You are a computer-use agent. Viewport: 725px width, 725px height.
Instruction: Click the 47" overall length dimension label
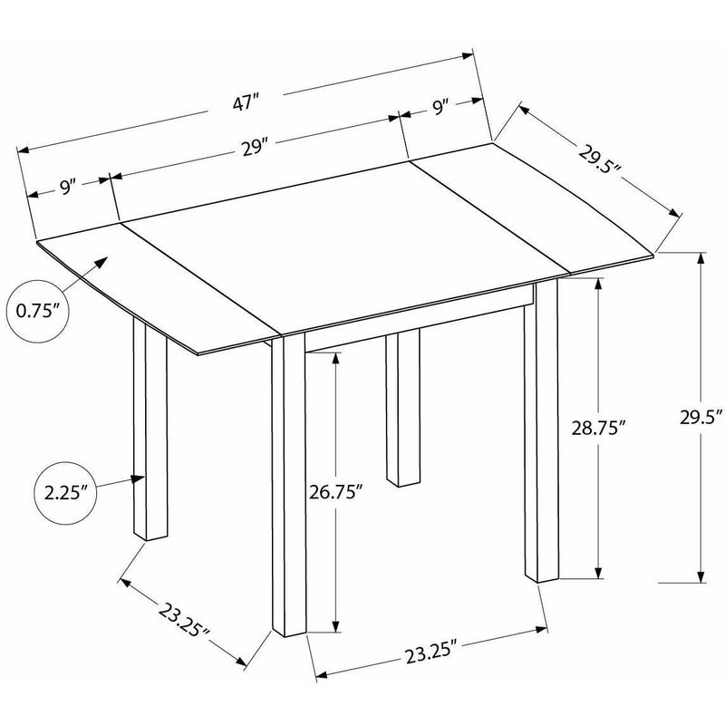(x=245, y=102)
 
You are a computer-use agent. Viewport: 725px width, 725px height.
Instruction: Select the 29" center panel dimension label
(x=255, y=148)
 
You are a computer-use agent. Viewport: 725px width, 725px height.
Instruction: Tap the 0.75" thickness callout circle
(x=38, y=311)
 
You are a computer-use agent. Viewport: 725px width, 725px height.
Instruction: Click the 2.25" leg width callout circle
(x=65, y=493)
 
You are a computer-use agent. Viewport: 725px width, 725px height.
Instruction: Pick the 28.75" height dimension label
(x=598, y=428)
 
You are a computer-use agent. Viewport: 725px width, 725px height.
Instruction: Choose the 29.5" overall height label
(x=701, y=417)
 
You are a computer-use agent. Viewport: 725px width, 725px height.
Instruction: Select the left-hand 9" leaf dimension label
(x=67, y=188)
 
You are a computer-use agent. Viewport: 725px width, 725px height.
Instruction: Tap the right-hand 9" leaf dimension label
(x=440, y=107)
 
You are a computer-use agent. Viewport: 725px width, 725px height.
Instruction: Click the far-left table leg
(x=150, y=429)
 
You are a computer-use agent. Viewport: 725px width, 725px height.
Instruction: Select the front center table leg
(x=289, y=485)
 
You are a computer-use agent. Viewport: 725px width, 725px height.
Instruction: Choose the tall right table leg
(x=541, y=430)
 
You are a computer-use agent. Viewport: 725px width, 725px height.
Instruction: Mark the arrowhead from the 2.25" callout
(x=139, y=479)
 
